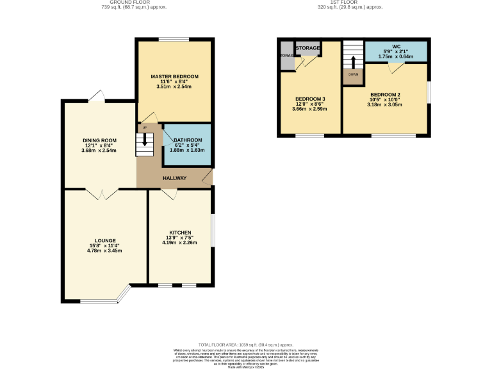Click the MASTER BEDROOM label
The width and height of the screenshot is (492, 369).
tap(174, 76)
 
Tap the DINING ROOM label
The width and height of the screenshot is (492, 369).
tap(99, 140)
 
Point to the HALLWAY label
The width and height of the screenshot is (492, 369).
tap(174, 178)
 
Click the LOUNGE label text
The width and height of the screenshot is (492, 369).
tap(105, 240)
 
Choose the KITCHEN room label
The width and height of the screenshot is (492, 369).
tap(180, 232)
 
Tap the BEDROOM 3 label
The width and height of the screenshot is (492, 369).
tap(310, 99)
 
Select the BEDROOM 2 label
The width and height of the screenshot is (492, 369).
tap(385, 94)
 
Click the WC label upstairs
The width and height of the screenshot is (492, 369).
tap(396, 46)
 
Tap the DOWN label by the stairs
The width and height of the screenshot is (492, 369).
tap(353, 74)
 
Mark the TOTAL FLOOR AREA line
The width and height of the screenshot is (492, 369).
tap(245, 345)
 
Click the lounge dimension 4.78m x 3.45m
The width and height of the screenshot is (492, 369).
tap(105, 250)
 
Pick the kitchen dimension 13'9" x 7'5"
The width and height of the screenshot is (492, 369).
tap(180, 238)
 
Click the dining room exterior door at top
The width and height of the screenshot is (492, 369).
tap(97, 96)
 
